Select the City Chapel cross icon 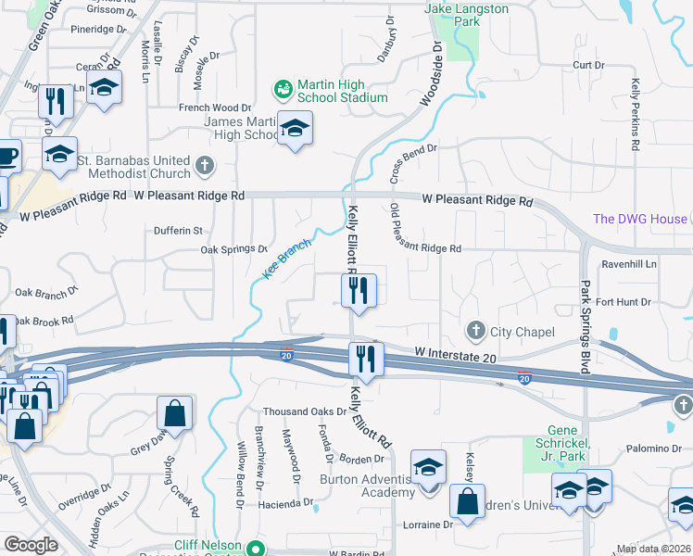coord(476,331)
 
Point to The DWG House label coord(640,219)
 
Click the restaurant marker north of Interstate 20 coord(359,290)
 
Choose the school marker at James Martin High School coord(295,129)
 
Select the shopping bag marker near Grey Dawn coord(174,414)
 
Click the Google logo coord(31,545)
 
